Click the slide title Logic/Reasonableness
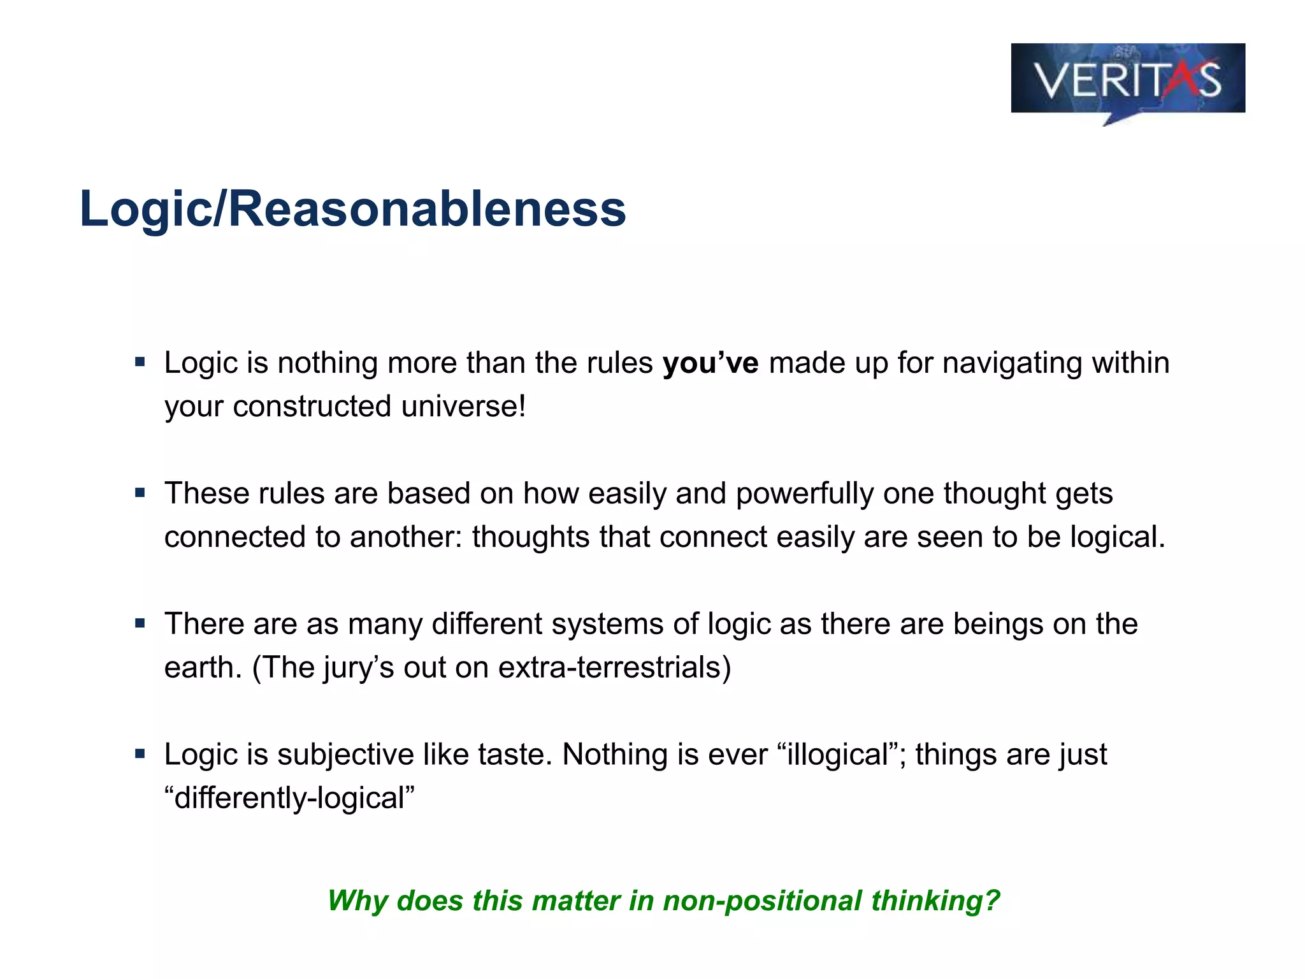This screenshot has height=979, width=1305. tap(352, 208)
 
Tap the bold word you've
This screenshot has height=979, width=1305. tap(710, 363)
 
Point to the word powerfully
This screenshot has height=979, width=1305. tap(804, 494)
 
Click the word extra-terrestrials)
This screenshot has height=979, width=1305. tap(614, 668)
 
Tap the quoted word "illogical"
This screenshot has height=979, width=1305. tap(842, 755)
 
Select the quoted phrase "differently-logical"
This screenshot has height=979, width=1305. tap(290, 799)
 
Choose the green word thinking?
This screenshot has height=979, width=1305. tap(935, 901)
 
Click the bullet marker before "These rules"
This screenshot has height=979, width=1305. tap(140, 493)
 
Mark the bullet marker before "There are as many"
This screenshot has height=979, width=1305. tap(140, 623)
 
